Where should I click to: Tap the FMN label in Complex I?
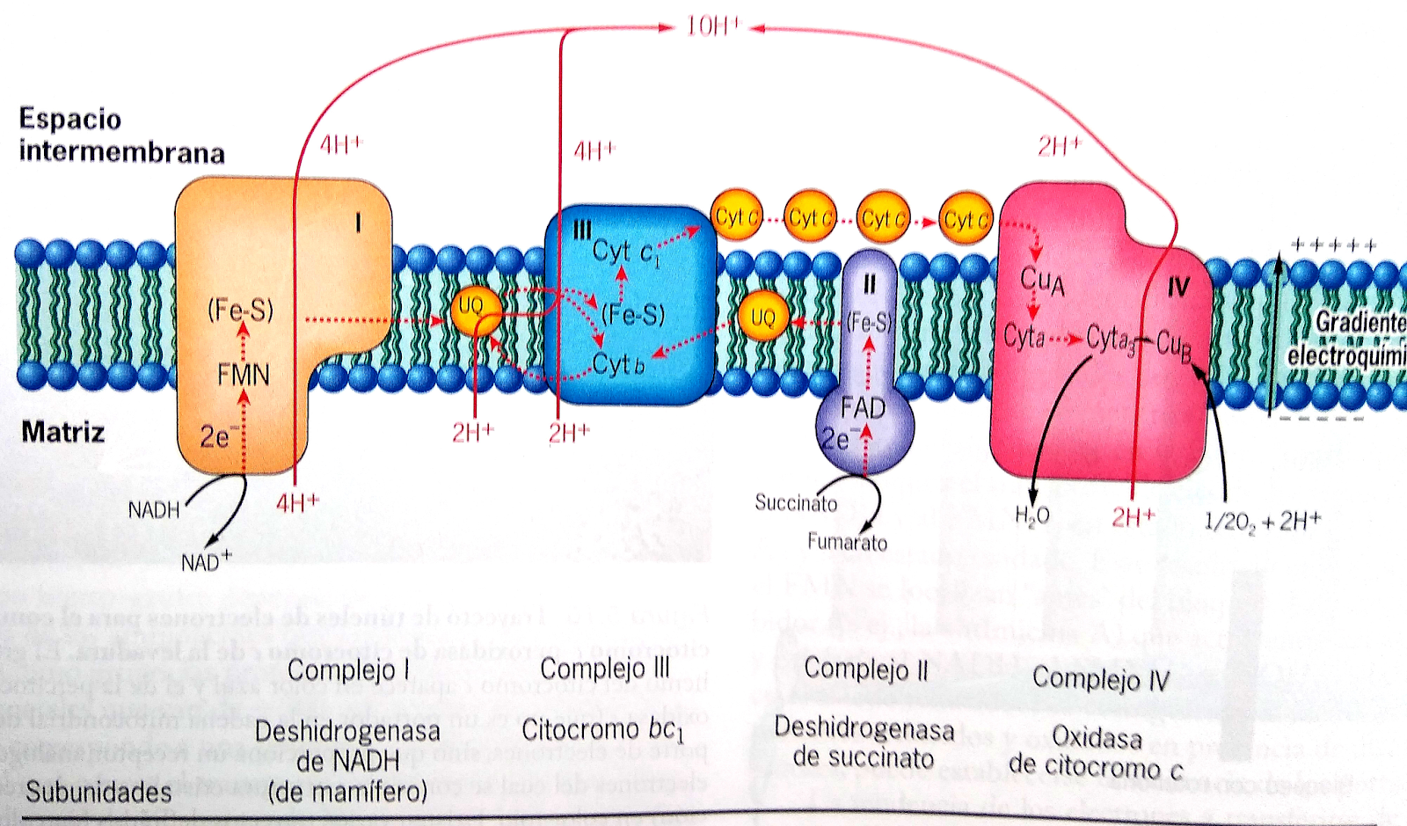(x=243, y=375)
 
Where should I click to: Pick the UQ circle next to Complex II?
(x=762, y=318)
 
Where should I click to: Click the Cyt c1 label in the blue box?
(x=625, y=252)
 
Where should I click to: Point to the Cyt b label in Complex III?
(x=618, y=363)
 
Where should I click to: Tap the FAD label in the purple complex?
(x=863, y=408)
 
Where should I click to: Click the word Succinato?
(x=796, y=502)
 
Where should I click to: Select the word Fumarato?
(x=847, y=542)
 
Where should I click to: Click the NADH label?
(x=154, y=510)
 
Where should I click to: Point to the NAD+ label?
(x=206, y=561)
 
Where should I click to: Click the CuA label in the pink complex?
(x=1042, y=281)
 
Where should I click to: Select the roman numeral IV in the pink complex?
(x=1177, y=287)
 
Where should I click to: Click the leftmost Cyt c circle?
(x=736, y=216)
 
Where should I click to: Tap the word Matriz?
(x=62, y=432)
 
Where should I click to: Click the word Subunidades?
(x=98, y=792)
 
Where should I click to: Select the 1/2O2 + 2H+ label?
(x=1262, y=522)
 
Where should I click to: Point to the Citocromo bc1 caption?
(x=602, y=730)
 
